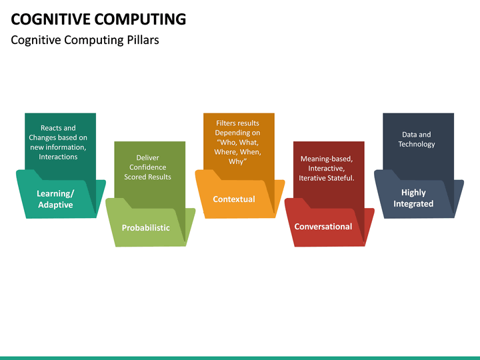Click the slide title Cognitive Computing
tap(99, 19)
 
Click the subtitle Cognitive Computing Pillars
tap(85, 40)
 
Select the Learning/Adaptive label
tap(55, 199)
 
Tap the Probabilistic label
tap(145, 228)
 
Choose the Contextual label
tap(233, 199)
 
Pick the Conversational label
tap(323, 227)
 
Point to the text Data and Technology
tap(416, 139)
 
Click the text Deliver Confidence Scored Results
tap(147, 167)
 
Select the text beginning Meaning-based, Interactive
tap(326, 169)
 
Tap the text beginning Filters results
tap(237, 142)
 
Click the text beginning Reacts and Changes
tap(58, 142)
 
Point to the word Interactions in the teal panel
tap(58, 157)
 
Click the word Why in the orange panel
tap(237, 161)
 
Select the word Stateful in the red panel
tap(339, 178)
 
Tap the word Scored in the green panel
tap(135, 177)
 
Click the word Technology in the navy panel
tap(416, 144)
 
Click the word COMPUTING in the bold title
tap(141, 19)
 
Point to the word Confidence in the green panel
tap(147, 167)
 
